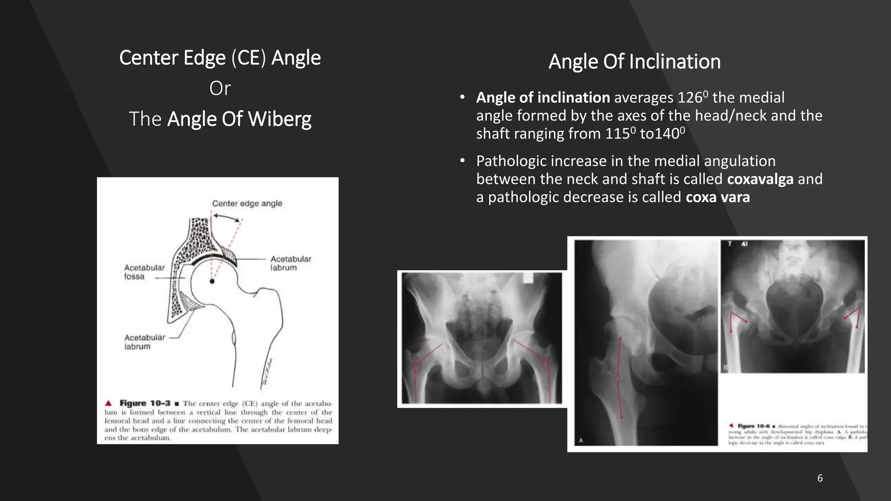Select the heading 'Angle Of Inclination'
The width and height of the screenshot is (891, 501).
(634, 62)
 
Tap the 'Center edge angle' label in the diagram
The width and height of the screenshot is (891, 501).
(247, 204)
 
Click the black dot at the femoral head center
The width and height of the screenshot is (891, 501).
(212, 281)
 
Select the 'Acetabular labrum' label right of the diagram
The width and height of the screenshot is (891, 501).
(291, 263)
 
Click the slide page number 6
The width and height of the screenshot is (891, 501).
(820, 478)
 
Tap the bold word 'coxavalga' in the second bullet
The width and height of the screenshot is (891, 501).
(760, 179)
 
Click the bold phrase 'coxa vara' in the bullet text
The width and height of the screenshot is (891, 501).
(717, 197)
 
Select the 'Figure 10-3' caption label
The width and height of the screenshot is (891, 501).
(145, 403)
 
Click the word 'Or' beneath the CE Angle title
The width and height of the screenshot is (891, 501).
(220, 88)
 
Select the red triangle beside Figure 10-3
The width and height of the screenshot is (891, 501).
(109, 403)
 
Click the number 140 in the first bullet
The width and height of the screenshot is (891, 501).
(667, 134)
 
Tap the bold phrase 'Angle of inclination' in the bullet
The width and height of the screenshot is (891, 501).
(543, 98)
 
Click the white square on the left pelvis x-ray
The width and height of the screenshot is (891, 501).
(528, 278)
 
